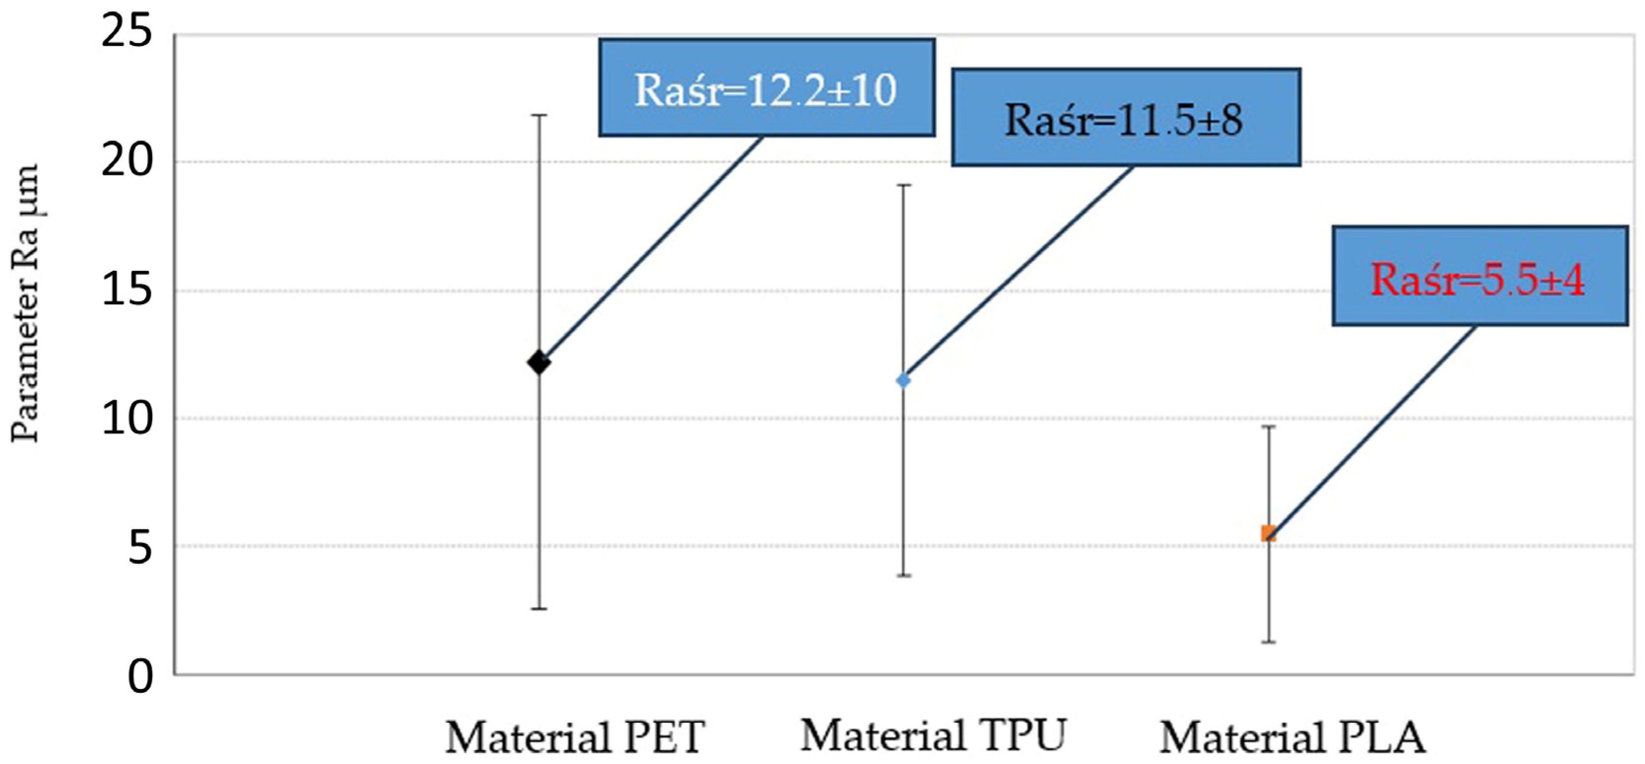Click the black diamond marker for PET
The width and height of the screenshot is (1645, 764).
click(539, 363)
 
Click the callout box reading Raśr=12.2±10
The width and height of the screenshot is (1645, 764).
click(766, 87)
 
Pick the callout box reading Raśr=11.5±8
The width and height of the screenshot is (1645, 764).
click(1125, 118)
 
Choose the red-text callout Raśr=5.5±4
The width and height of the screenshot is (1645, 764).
click(1479, 276)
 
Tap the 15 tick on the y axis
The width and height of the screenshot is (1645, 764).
click(127, 290)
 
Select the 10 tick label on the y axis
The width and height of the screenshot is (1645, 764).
click(127, 419)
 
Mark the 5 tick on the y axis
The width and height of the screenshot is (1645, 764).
click(140, 548)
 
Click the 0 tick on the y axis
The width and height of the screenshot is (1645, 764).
click(140, 677)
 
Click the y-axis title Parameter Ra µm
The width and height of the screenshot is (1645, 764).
click(26, 303)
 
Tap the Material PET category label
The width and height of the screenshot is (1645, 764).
click(575, 738)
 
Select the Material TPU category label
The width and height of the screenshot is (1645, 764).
click(933, 735)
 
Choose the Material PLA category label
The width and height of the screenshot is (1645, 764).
click(1293, 738)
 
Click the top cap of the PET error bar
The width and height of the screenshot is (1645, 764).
click(539, 115)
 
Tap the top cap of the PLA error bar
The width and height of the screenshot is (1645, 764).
click(1268, 426)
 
